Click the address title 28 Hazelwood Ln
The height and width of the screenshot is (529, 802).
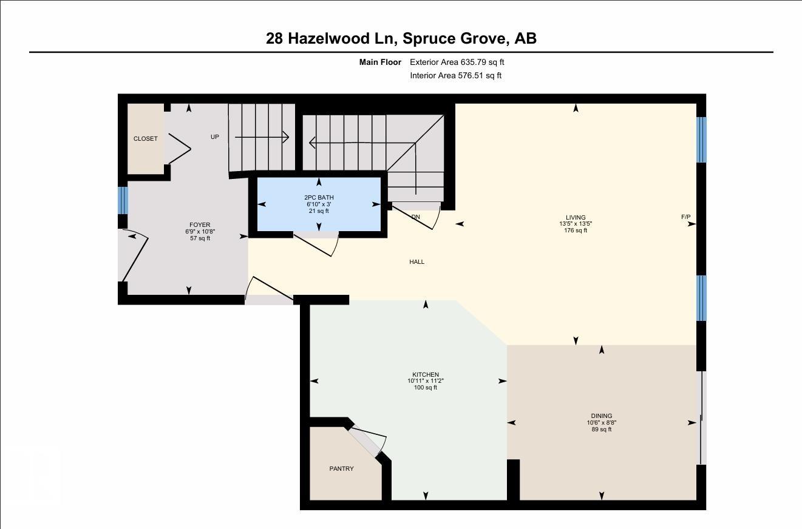point(401,38)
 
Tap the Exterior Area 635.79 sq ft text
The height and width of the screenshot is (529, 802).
point(457,62)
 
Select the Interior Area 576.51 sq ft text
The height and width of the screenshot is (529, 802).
point(455,76)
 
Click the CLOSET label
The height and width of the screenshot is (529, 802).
point(145,139)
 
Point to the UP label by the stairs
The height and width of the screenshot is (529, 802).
point(214,137)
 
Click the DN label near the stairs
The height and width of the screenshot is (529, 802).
point(415,217)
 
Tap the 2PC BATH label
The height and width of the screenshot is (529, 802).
point(319,198)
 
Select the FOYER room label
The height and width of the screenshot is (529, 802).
point(200,225)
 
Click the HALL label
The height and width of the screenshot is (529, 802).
point(416,262)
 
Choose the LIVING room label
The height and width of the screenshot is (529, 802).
point(576,218)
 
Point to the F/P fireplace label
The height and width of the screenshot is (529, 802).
point(685,217)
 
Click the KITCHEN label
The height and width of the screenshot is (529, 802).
point(425,375)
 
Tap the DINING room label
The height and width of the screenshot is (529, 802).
point(601,416)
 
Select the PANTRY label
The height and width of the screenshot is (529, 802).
point(341,469)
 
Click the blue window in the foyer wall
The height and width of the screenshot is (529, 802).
point(123,200)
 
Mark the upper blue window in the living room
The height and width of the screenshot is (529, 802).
point(701,140)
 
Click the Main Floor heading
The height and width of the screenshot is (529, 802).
point(380,62)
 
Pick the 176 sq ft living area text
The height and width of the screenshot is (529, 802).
point(576,231)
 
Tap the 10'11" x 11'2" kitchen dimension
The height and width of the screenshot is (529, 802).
point(425,381)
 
